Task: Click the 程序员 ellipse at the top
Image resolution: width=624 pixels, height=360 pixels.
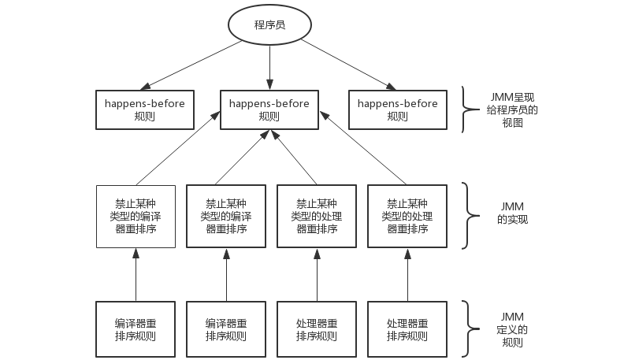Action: pos(269,25)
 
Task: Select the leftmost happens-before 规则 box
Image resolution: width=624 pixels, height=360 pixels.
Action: pos(145,109)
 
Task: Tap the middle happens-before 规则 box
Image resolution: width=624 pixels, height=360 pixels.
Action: pos(269,109)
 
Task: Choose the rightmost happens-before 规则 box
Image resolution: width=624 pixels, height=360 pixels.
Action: pos(398,109)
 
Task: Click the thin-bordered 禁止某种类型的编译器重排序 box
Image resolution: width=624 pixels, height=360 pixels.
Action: pos(136,216)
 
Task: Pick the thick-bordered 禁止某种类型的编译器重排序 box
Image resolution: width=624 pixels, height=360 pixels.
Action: pos(226,216)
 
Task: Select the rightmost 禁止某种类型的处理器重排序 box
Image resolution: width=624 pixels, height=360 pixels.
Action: pos(407,216)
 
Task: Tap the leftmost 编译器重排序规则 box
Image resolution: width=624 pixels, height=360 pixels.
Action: pos(136,329)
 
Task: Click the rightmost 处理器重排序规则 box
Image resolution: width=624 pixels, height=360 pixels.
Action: pos(407,329)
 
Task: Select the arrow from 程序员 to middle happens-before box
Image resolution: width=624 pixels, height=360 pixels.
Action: pos(269,67)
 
